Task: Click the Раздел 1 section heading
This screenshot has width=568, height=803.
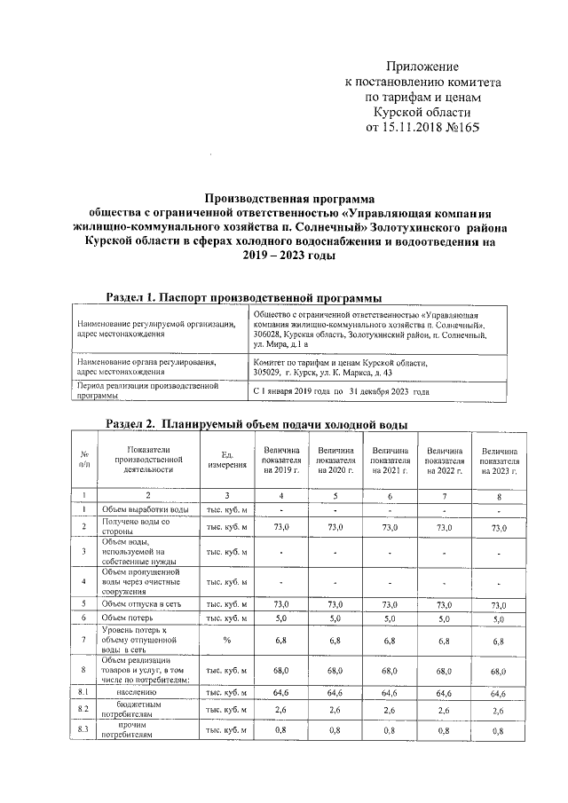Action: tap(245, 295)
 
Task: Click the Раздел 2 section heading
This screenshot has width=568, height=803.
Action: tap(256, 423)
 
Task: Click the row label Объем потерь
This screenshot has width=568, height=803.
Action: tap(130, 617)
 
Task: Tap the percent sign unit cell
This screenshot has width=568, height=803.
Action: tap(226, 640)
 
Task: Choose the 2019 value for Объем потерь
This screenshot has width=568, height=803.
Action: tap(281, 617)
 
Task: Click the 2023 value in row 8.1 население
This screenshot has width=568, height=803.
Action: tap(498, 691)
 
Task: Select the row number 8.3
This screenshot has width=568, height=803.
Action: tap(83, 730)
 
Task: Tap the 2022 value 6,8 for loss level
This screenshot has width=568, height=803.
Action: tap(445, 640)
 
